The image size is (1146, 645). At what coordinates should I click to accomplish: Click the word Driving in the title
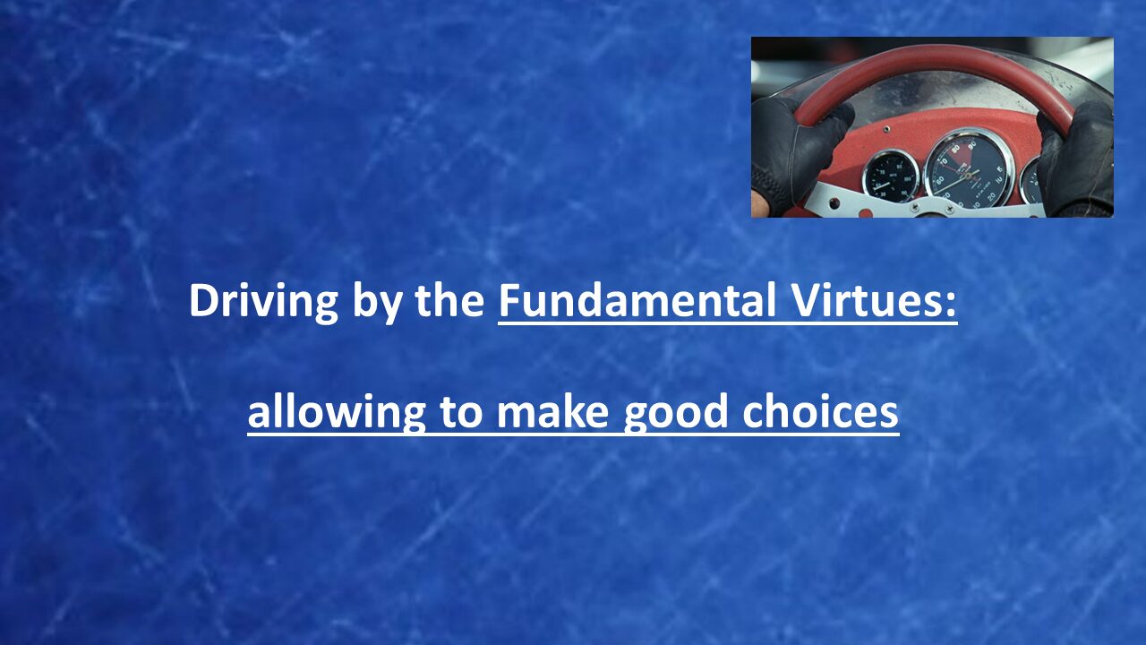point(263,301)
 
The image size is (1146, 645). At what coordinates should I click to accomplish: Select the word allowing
point(336,414)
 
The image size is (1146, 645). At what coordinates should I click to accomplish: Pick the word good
point(676,414)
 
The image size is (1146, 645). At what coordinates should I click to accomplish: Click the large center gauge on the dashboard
point(969,170)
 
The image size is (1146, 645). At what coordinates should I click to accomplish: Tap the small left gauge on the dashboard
point(890,176)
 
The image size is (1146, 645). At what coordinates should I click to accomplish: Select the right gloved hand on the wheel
point(1077,159)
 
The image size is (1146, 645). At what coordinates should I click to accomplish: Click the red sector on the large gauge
point(956,153)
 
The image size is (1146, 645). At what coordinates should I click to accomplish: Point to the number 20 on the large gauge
point(991,196)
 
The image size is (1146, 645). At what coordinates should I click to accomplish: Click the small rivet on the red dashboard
point(886,128)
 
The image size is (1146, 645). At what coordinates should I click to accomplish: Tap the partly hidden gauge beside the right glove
point(1030,181)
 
